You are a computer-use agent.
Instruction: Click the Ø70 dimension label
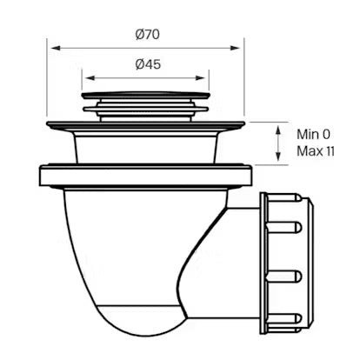tap(146, 34)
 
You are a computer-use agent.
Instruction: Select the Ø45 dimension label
tap(146, 64)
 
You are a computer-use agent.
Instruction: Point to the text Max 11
tap(317, 151)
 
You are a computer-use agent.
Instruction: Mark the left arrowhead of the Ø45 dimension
tap(85, 77)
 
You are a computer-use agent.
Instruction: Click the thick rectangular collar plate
tap(146, 176)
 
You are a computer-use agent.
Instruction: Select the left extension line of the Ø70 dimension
tap(49, 83)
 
